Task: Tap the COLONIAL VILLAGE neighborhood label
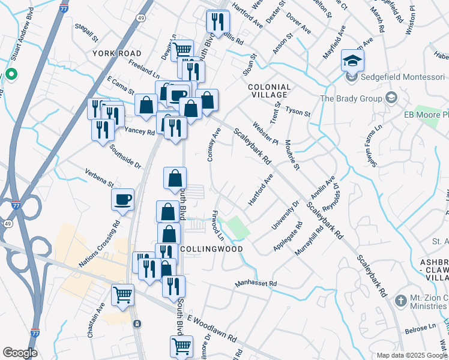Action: [x=270, y=92]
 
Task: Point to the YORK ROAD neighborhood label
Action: [x=117, y=53]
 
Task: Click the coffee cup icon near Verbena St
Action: [x=123, y=200]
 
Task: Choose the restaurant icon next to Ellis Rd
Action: [x=217, y=22]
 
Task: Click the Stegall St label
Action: [x=86, y=34]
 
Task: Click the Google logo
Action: [x=20, y=353]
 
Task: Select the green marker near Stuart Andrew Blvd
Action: [x=11, y=75]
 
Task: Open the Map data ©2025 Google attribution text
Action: [x=411, y=355]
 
